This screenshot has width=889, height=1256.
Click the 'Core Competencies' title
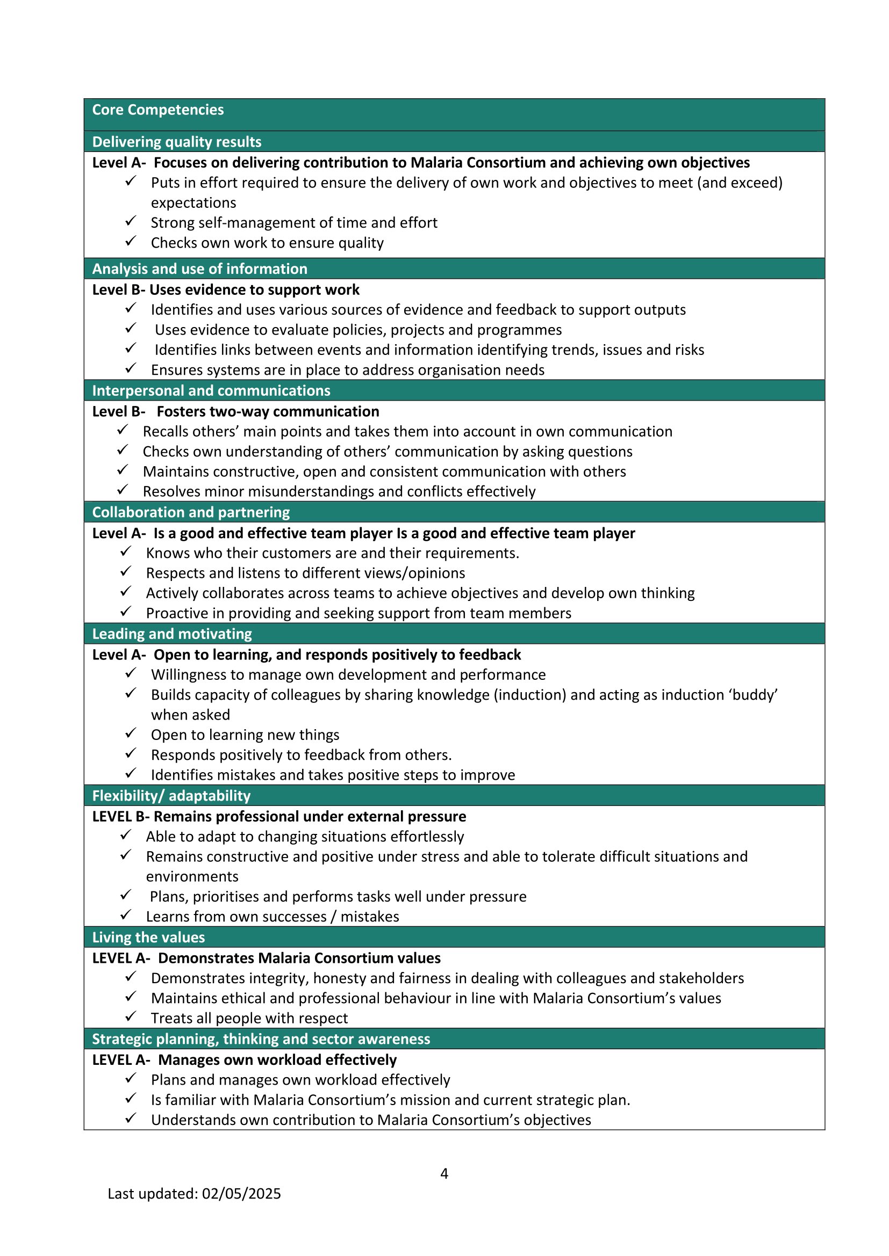157,110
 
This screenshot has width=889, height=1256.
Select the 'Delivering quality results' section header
176,142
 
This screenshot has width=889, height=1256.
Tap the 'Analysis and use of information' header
199,269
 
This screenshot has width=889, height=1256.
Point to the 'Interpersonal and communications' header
211,390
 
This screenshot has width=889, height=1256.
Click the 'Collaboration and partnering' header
190,513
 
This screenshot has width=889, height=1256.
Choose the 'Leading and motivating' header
172,634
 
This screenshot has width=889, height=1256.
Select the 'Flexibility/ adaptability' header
171,796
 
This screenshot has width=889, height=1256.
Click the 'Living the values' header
148,938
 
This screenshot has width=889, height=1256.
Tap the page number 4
444,1173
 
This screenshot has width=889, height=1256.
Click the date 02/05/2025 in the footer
241,1194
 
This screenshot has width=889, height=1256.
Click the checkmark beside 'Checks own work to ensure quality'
130,241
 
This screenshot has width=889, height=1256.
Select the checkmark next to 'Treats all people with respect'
130,1017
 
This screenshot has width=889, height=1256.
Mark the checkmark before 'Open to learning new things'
130,733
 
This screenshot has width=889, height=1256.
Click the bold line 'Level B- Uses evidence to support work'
226,290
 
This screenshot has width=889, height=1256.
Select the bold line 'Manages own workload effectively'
277,1060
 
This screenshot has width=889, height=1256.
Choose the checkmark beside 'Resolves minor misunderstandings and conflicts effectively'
123,490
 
